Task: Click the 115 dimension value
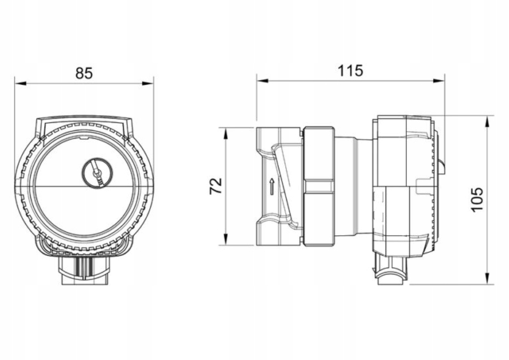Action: (350, 70)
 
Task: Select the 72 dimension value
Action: (216, 186)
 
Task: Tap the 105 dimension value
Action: (477, 199)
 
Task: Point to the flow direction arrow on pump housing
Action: (272, 186)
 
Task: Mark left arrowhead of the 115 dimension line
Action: (262, 81)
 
